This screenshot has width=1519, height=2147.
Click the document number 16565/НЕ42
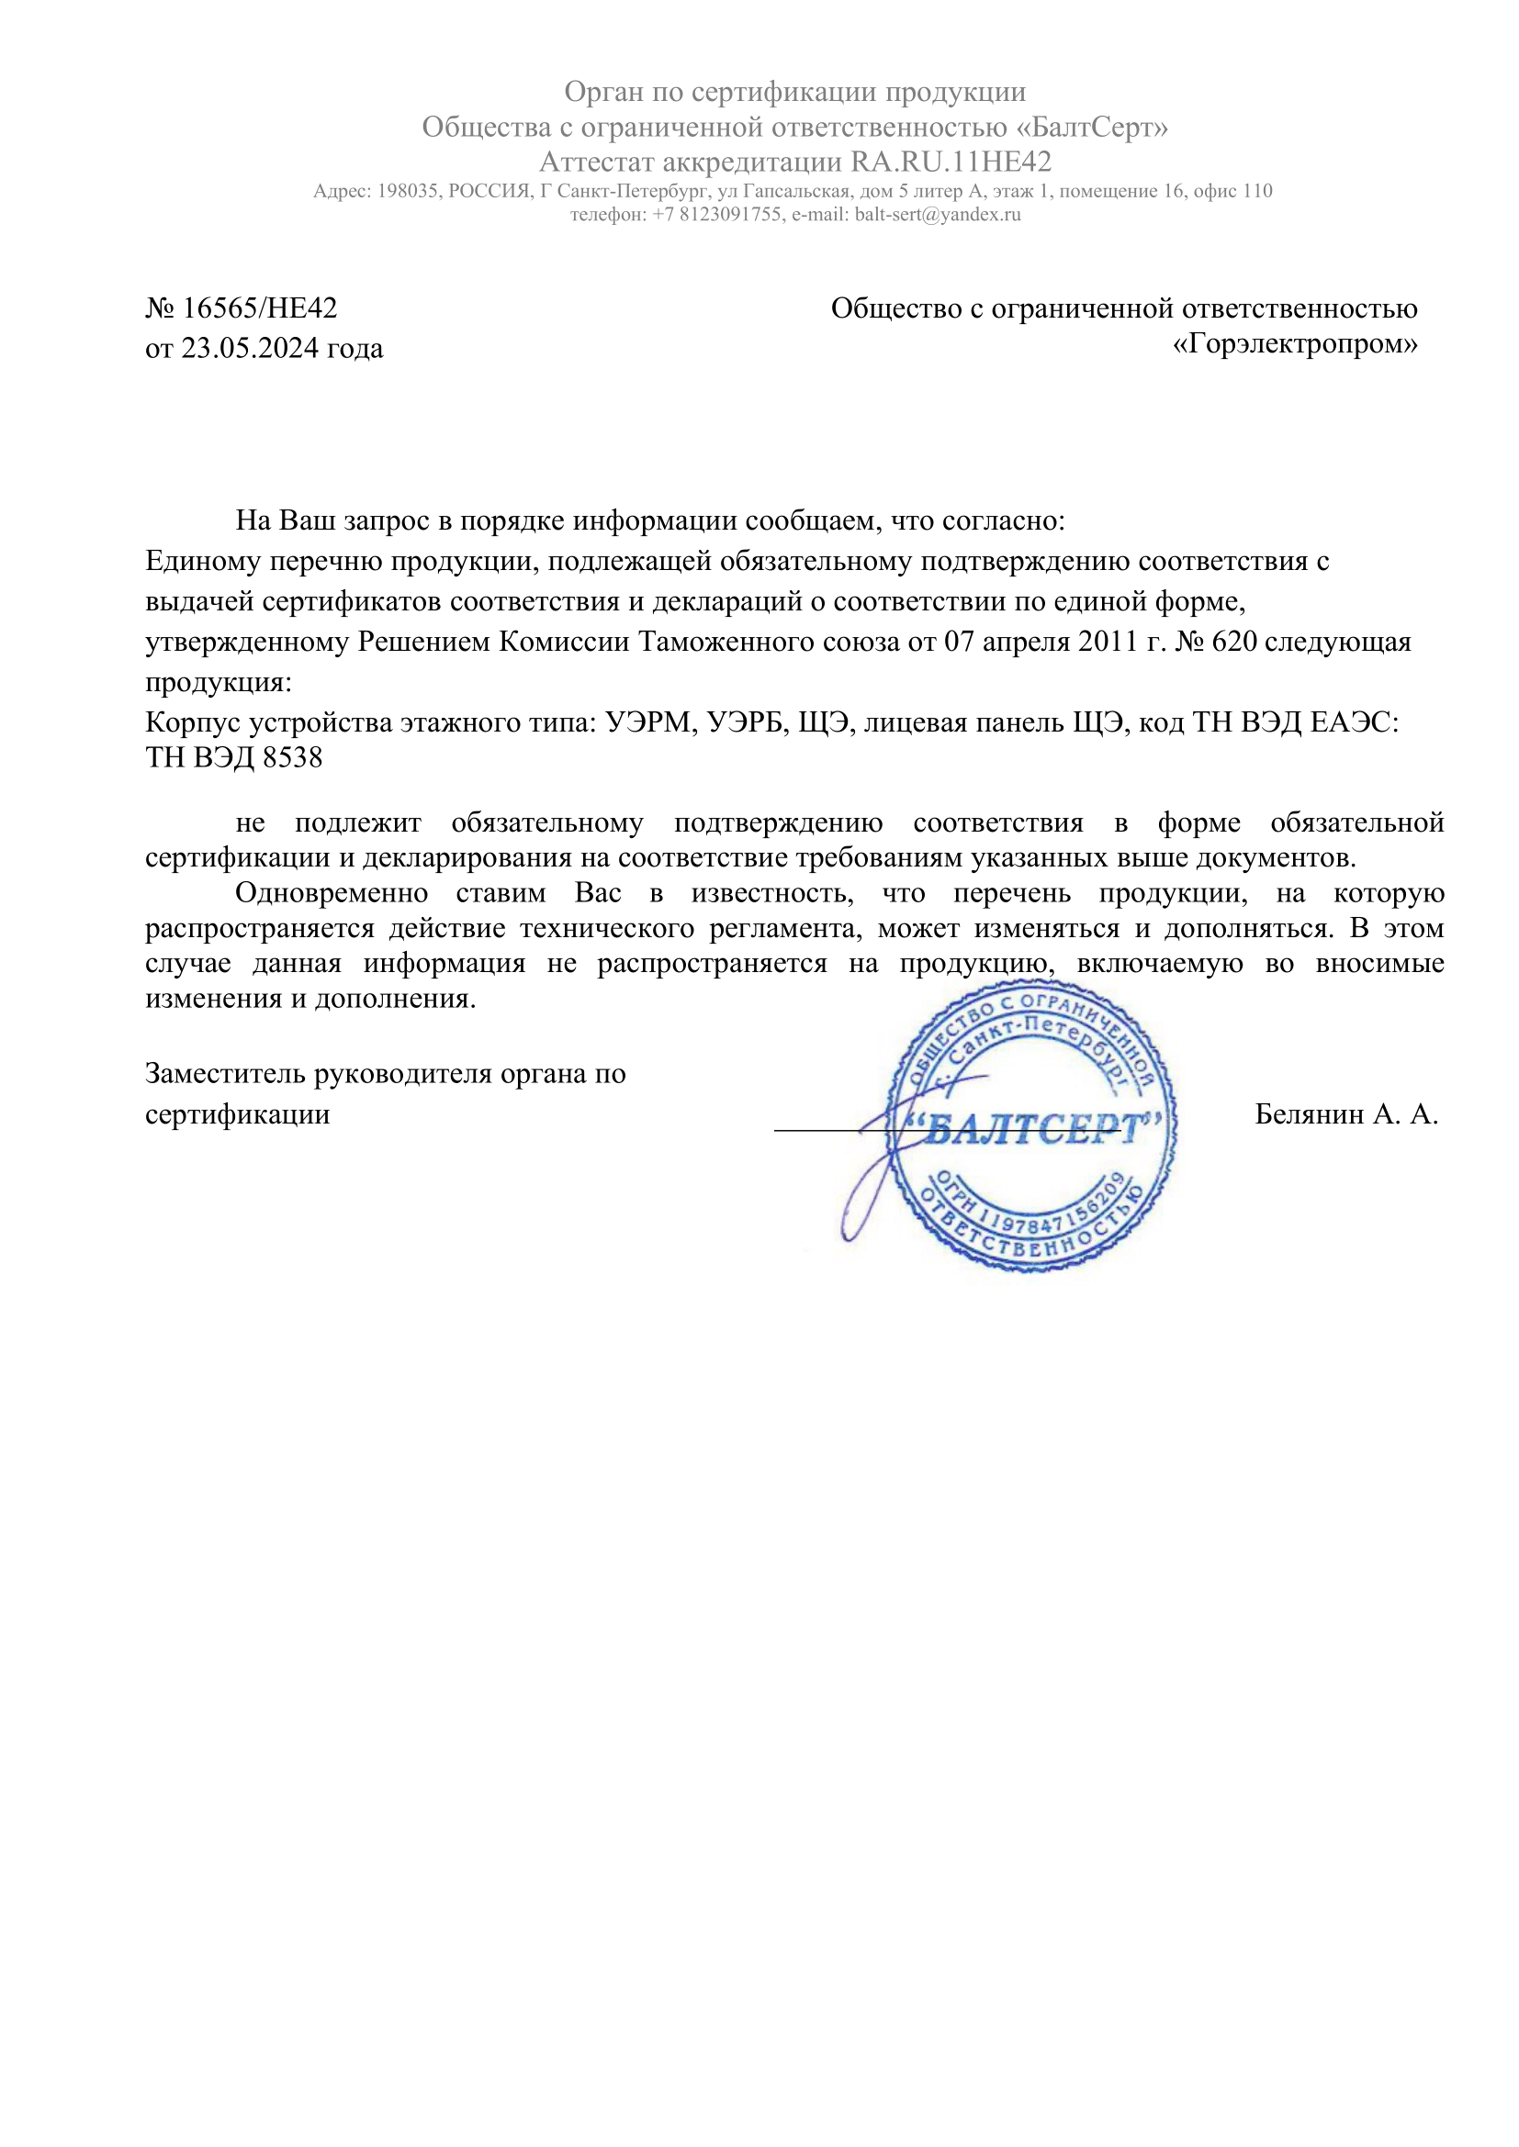[259, 308]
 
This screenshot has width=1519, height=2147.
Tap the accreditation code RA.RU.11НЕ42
[951, 162]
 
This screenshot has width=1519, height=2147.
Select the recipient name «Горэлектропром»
[1295, 344]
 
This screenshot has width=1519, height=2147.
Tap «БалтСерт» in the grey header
[1092, 127]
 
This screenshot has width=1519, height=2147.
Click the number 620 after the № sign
[1233, 642]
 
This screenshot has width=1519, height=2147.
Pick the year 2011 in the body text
[1108, 642]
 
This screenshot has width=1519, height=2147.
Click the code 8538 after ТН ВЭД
[293, 756]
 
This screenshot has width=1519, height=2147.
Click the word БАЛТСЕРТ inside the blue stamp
[1032, 1129]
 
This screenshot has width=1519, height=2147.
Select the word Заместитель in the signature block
[225, 1074]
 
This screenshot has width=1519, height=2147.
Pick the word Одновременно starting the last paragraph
[332, 893]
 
